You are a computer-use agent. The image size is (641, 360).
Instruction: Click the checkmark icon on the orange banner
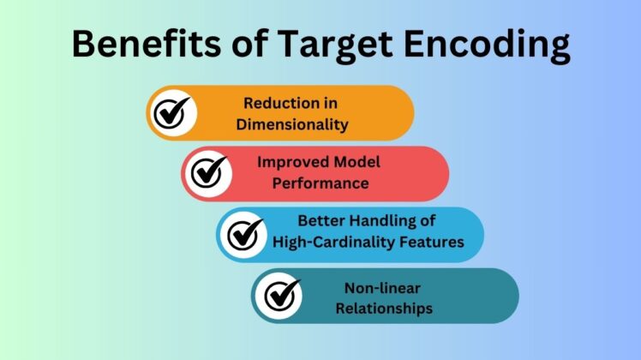point(172,112)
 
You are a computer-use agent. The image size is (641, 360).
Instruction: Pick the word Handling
point(379,221)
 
